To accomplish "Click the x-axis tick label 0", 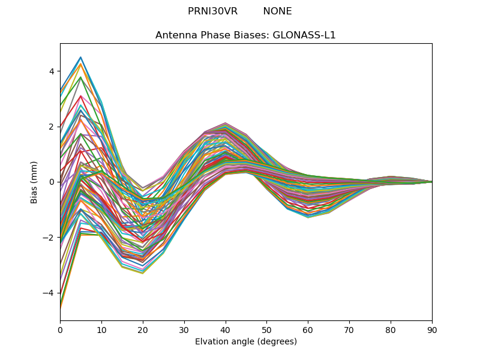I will click(60, 329).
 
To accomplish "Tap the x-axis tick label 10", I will click(101, 329).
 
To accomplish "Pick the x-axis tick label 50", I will click(266, 329).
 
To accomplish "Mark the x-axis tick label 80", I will click(391, 329).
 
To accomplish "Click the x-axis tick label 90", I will click(432, 329).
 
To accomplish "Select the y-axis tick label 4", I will click(52, 71).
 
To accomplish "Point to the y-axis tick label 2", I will click(52, 127).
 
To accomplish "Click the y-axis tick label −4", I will click(49, 293).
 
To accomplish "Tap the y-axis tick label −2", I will click(49, 238).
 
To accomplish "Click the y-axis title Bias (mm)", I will click(34, 182).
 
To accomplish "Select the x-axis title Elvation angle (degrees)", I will click(246, 341).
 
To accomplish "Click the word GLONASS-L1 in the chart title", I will click(304, 35).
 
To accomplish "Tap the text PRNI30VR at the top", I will click(212, 11).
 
